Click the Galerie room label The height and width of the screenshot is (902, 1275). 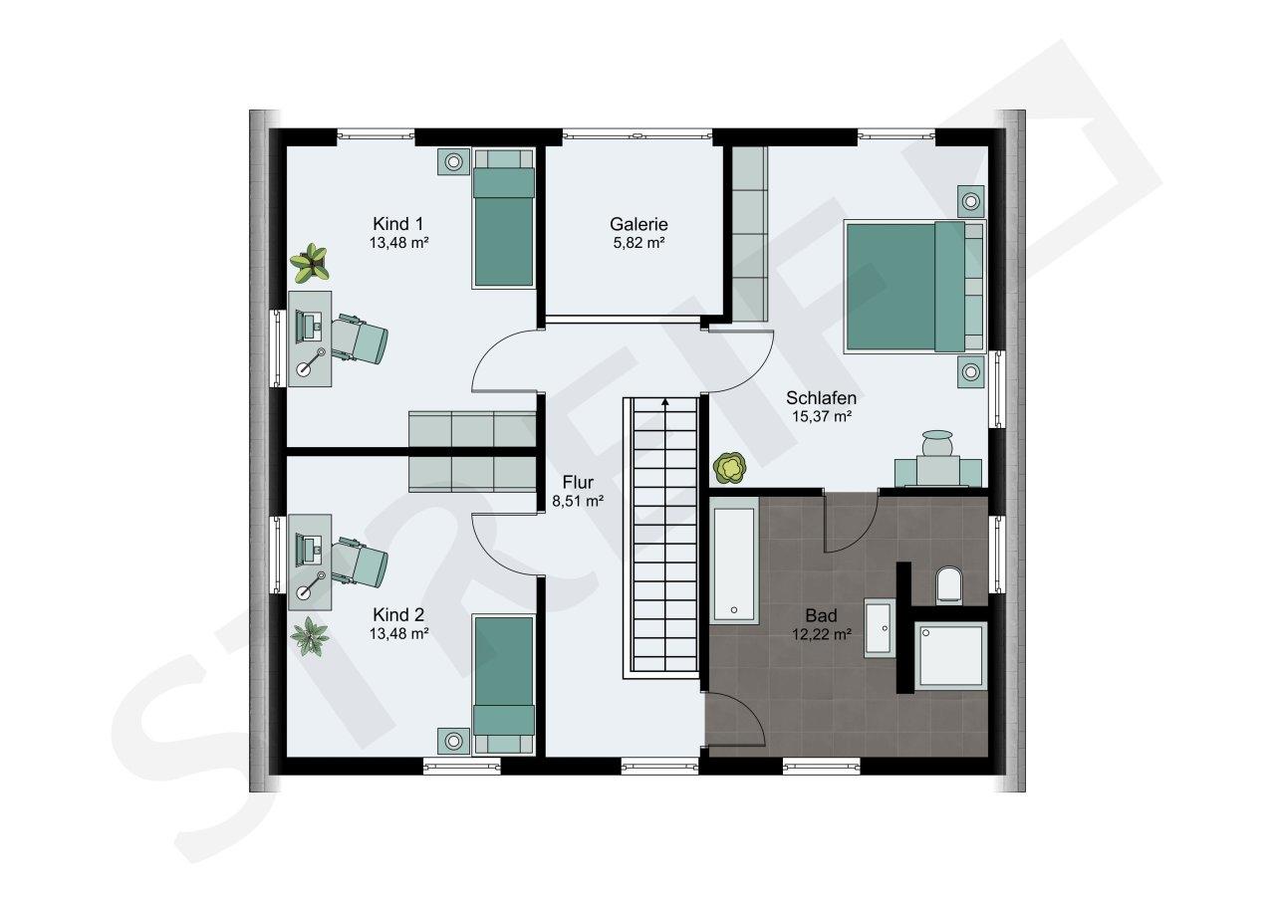pyautogui.click(x=638, y=224)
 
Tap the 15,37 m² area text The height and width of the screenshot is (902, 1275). pyautogui.click(x=822, y=416)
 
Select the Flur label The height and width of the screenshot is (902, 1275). pyautogui.click(x=578, y=482)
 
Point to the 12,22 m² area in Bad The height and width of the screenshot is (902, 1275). pyautogui.click(x=822, y=633)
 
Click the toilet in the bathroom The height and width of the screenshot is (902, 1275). pyautogui.click(x=948, y=584)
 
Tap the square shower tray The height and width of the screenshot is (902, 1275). pyautogui.click(x=950, y=656)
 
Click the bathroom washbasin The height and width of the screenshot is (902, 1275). pyautogui.click(x=879, y=628)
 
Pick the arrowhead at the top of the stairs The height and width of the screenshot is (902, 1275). pyautogui.click(x=665, y=402)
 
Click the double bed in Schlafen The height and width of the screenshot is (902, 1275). pyautogui.click(x=914, y=286)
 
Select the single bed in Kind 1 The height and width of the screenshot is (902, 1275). pyautogui.click(x=504, y=218)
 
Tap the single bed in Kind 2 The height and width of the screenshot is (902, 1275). pyautogui.click(x=504, y=684)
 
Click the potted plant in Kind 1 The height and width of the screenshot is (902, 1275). pyautogui.click(x=310, y=262)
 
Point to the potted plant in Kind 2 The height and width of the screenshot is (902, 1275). pyautogui.click(x=309, y=636)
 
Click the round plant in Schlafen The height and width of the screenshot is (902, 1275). pyautogui.click(x=729, y=468)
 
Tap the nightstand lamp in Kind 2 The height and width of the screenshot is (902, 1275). pyautogui.click(x=453, y=741)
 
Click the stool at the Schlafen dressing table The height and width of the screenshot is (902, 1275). pyautogui.click(x=937, y=442)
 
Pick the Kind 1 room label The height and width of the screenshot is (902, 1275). pyautogui.click(x=397, y=223)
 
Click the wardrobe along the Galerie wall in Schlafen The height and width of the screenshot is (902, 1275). pyautogui.click(x=749, y=234)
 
